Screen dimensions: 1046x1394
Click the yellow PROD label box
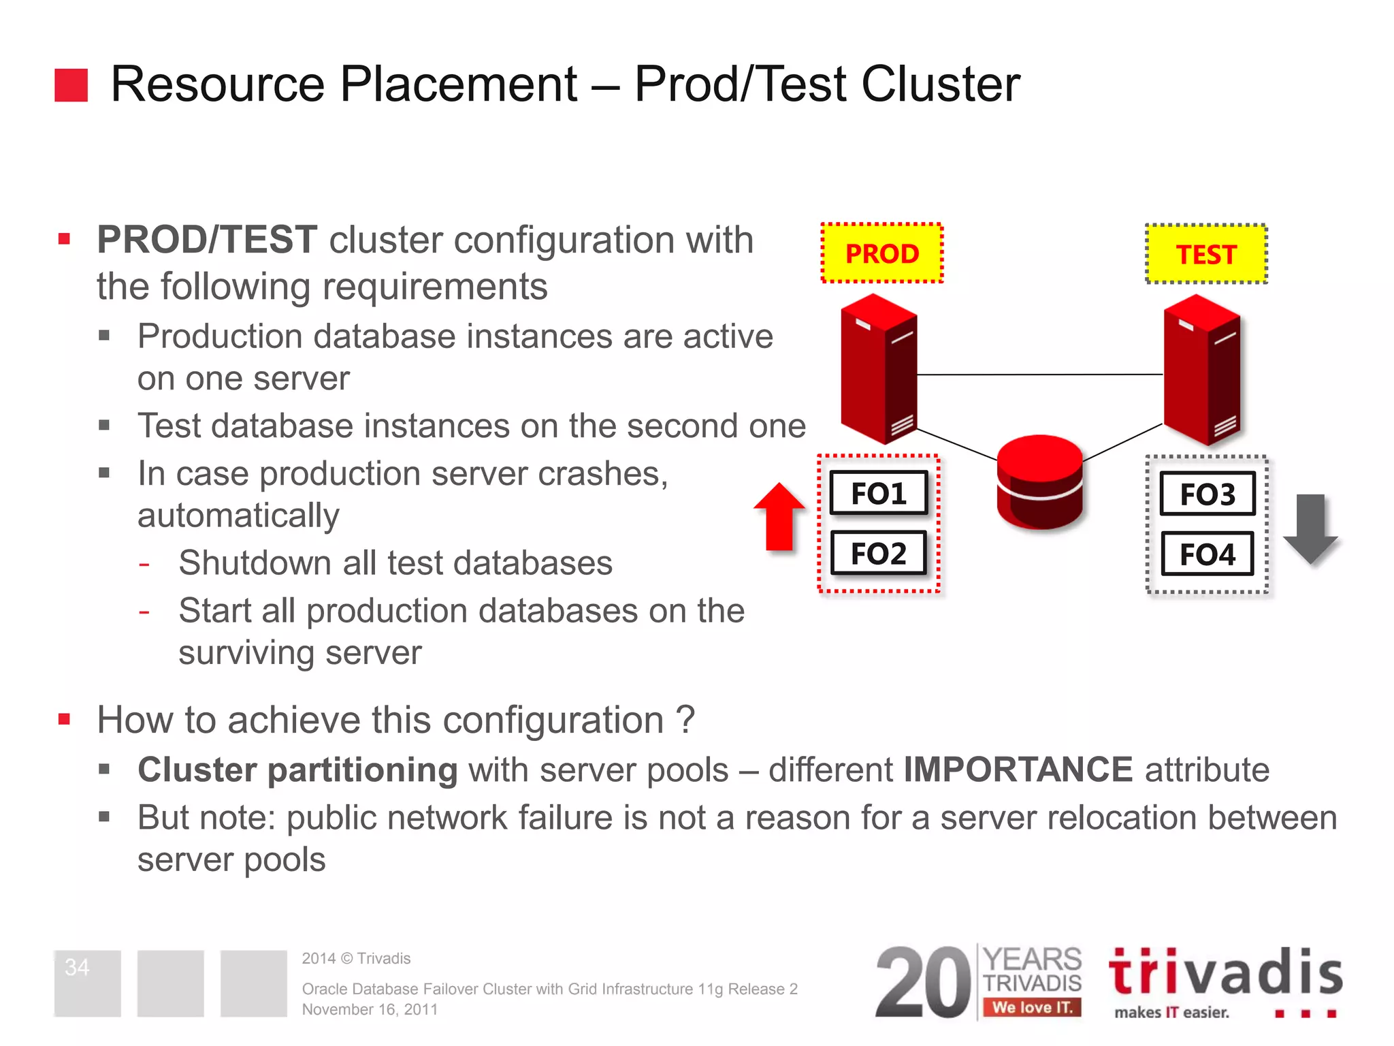click(881, 253)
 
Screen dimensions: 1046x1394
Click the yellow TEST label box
click(1206, 254)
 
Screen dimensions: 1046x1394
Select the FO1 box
click(879, 493)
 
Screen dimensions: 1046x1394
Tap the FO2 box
click(879, 553)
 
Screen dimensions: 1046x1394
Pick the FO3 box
click(1207, 494)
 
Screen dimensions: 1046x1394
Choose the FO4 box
click(1207, 554)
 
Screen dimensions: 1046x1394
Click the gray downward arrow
click(1311, 528)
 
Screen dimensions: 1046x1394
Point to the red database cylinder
click(1039, 482)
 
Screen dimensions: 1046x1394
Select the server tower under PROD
click(879, 368)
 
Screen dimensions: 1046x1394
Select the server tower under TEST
click(1202, 368)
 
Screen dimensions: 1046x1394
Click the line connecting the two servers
click(1039, 375)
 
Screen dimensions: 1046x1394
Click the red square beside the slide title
click(71, 85)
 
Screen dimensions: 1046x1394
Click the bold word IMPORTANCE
click(1018, 770)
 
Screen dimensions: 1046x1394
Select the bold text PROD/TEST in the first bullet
click(207, 240)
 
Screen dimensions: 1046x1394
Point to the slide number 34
click(77, 967)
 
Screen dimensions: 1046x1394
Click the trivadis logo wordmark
click(1225, 972)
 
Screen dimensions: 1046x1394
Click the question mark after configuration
click(685, 720)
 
